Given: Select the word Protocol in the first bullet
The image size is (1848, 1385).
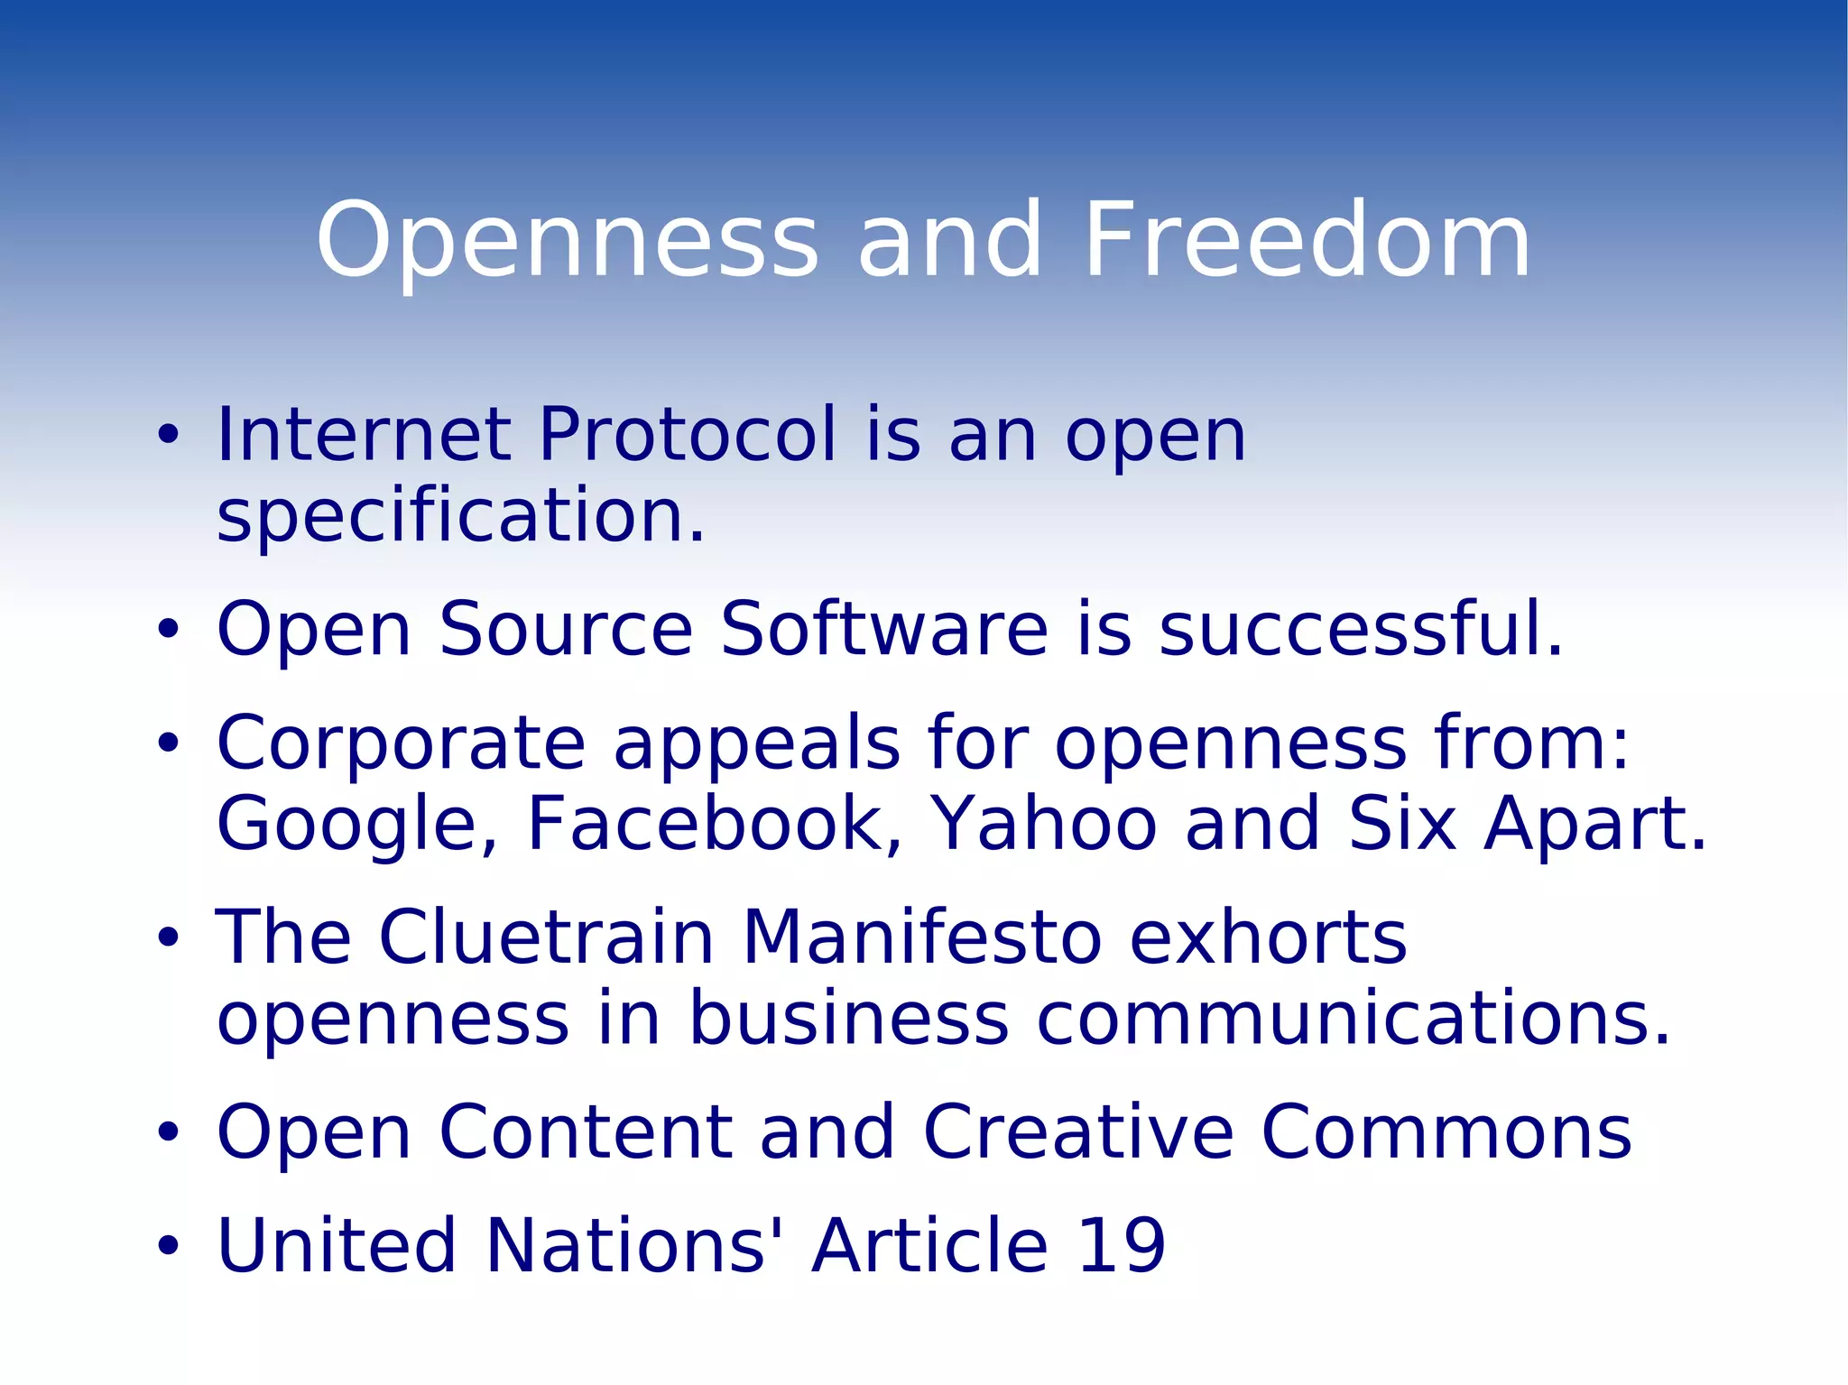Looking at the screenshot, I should tap(688, 435).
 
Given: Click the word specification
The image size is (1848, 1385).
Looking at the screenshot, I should tap(460, 516).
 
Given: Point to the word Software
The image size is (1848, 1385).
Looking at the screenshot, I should tap(884, 629).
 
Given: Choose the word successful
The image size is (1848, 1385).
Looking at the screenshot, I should tap(1361, 629).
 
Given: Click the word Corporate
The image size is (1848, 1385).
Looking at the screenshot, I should tap(402, 744).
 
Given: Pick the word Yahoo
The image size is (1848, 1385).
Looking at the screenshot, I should tap(1043, 824).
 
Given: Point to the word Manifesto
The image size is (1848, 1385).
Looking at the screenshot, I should tap(921, 937).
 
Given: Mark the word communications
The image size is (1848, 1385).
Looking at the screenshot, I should tap(1354, 1019).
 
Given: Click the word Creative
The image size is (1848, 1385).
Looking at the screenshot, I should tap(1078, 1132).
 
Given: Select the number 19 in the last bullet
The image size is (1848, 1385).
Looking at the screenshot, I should tap(1122, 1246).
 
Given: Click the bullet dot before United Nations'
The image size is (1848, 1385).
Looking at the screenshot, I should tap(168, 1247).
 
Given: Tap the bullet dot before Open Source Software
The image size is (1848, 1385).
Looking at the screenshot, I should tap(168, 630).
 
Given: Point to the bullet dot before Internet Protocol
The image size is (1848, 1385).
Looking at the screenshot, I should tap(168, 436).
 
